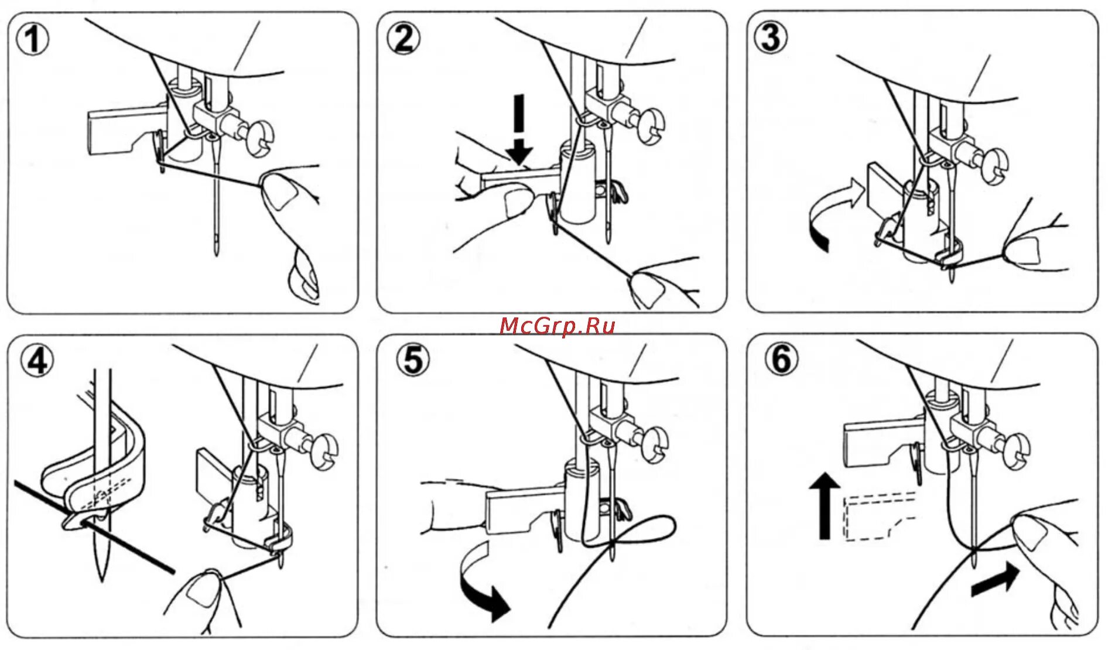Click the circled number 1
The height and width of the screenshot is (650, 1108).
click(33, 39)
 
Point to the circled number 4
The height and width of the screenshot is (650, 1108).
click(37, 360)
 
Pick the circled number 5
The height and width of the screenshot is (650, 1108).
click(413, 359)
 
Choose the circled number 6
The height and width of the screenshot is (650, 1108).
click(781, 359)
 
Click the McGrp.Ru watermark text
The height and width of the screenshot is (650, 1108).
click(557, 326)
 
